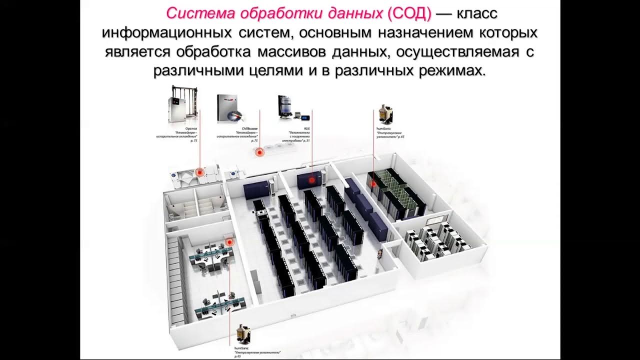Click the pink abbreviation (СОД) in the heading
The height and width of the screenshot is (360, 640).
coord(409,13)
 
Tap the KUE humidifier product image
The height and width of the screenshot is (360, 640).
coord(287,107)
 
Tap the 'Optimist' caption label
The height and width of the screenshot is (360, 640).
coord(191,128)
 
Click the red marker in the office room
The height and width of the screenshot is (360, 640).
coord(229,242)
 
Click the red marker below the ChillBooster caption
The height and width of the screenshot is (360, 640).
coord(259,153)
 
